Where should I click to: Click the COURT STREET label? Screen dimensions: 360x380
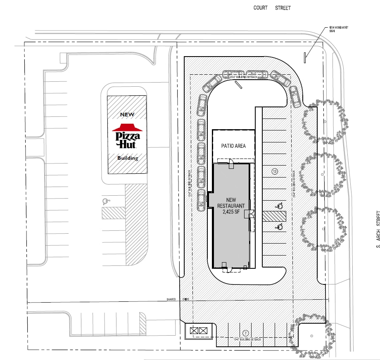click(x=272, y=8)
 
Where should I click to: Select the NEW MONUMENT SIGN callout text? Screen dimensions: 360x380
click(x=338, y=29)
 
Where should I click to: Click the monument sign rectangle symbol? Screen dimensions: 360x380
click(x=305, y=58)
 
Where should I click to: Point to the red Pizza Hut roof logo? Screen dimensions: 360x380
click(x=127, y=127)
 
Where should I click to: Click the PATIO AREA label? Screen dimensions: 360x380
click(x=233, y=146)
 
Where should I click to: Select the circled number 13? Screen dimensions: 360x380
click(x=274, y=171)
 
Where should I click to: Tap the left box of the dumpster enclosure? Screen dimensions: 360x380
click(x=194, y=331)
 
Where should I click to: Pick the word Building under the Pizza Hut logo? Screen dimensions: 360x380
click(x=128, y=158)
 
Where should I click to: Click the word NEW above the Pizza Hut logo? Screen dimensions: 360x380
click(x=128, y=114)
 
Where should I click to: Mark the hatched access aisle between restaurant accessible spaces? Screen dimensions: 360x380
click(x=274, y=216)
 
